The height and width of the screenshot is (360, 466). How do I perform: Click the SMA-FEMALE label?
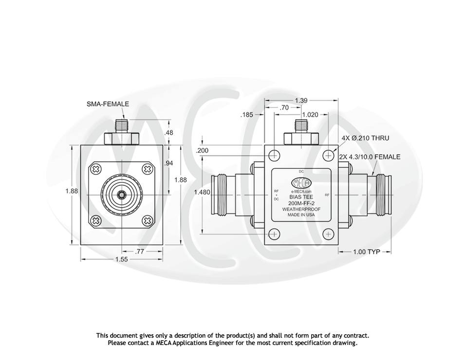pyautogui.click(x=108, y=104)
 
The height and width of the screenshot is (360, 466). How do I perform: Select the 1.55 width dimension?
pyautogui.click(x=122, y=260)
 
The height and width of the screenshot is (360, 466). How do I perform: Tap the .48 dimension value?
pyautogui.click(x=169, y=133)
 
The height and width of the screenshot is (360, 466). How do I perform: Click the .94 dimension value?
pyautogui.click(x=169, y=163)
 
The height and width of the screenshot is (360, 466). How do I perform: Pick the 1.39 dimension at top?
pyautogui.click(x=301, y=101)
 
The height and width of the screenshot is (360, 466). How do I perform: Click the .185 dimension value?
pyautogui.click(x=247, y=115)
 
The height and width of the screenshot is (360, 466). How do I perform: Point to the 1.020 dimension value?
pyautogui.click(x=310, y=115)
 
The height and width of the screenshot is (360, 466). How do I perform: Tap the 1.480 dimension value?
pyautogui.click(x=202, y=193)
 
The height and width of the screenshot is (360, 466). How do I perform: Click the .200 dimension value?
pyautogui.click(x=202, y=151)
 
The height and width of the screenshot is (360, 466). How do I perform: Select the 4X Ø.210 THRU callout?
pyautogui.click(x=365, y=138)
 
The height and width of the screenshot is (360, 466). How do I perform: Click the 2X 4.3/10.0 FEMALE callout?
pyautogui.click(x=370, y=157)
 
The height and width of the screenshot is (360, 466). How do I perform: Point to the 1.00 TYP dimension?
pyautogui.click(x=366, y=252)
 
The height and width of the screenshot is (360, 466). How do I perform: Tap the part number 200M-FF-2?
pyautogui.click(x=301, y=203)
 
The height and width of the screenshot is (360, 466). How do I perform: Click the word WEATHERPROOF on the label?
pyautogui.click(x=301, y=209)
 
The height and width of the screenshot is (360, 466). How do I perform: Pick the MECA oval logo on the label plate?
pyautogui.click(x=301, y=182)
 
